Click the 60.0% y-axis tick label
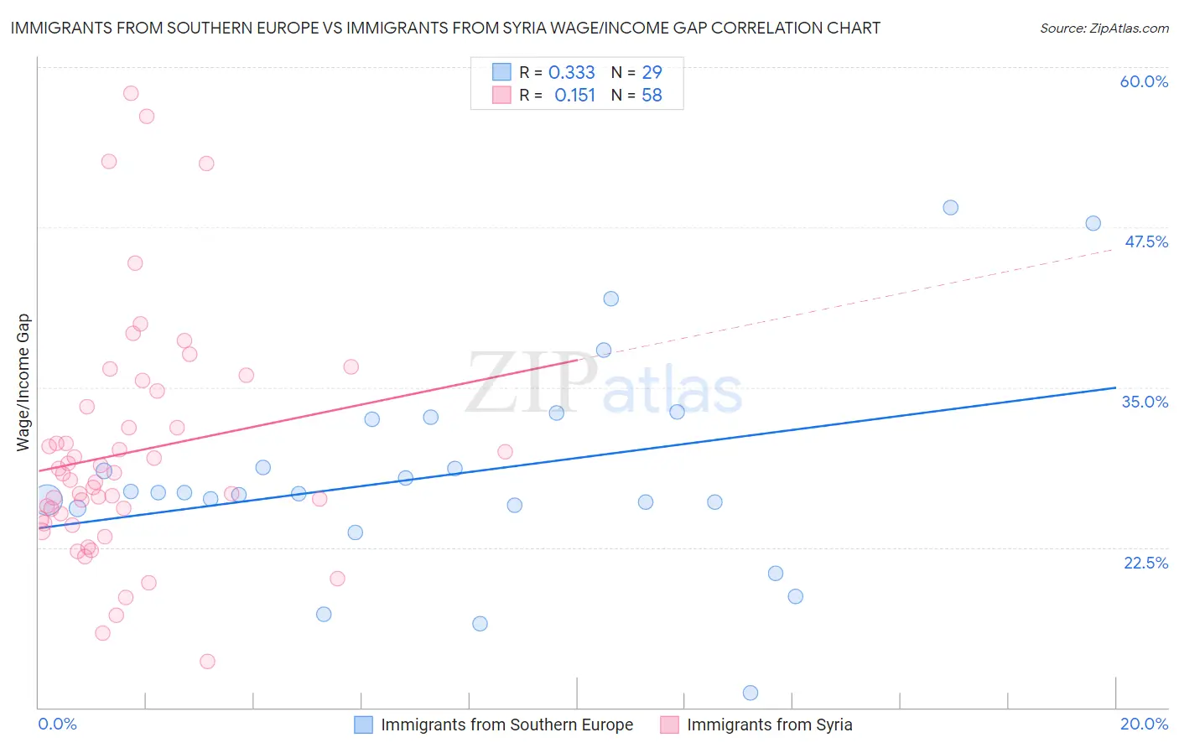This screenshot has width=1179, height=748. (1144, 81)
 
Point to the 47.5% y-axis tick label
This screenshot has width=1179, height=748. (1145, 242)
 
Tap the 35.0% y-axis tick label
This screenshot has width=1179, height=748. (1145, 402)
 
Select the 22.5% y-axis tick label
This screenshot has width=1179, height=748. (1145, 562)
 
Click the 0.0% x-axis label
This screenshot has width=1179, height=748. (57, 724)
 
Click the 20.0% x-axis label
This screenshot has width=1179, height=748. (1144, 724)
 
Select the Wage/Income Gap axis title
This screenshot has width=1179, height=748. (23, 382)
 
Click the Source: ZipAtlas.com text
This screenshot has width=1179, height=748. (1104, 29)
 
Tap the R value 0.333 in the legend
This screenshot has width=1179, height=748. (571, 73)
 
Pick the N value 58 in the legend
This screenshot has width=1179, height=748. (652, 96)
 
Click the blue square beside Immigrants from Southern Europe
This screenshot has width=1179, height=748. (363, 725)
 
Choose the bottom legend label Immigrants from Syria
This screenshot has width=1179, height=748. (769, 725)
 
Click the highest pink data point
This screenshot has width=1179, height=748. (131, 93)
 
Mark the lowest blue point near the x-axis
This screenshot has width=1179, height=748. (751, 693)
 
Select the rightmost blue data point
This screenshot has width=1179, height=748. (1093, 223)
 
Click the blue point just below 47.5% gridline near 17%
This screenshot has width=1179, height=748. (950, 207)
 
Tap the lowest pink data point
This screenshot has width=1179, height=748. (207, 662)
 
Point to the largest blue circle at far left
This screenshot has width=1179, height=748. (48, 501)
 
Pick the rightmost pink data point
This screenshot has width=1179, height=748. (505, 452)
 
